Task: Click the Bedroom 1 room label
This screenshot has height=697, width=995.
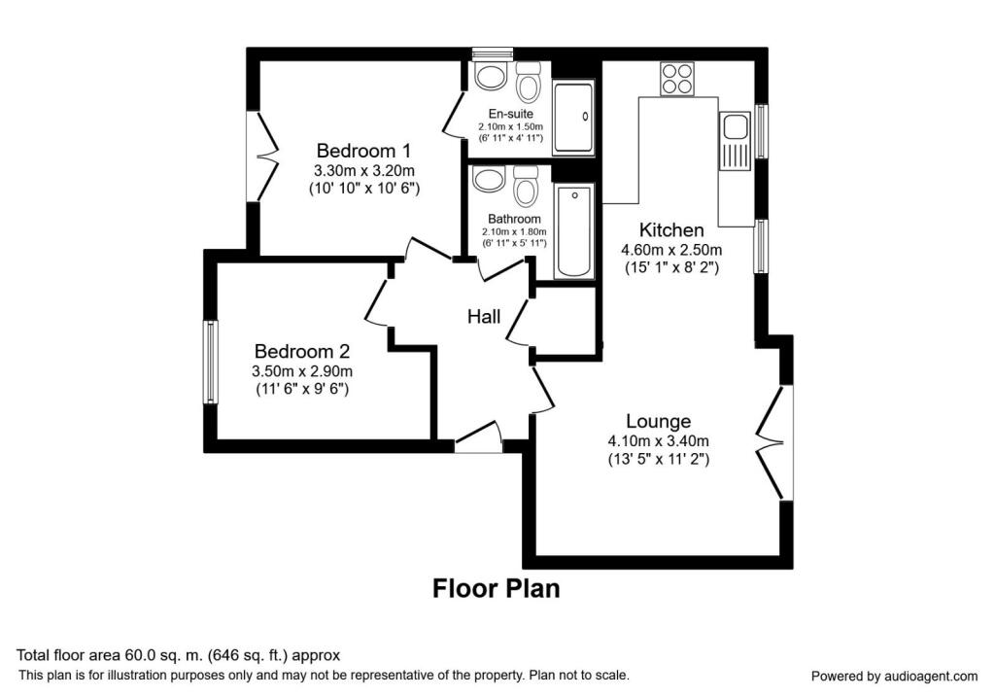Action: pos(363,151)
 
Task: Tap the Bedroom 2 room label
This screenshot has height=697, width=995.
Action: pos(301,351)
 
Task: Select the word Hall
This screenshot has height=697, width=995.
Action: pos(484,316)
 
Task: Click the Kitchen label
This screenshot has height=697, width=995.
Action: pos(670,230)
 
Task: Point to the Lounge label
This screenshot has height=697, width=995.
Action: pos(658,421)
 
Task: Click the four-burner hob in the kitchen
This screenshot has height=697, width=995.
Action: pos(676,78)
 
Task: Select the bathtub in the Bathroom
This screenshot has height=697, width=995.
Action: pos(573,231)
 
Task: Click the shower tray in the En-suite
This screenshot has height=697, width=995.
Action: pos(573,118)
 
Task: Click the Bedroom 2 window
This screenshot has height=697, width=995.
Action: pos(209,362)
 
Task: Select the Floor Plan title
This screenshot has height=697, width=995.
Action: pos(496,588)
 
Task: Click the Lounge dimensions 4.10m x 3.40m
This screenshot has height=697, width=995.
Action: pos(658,440)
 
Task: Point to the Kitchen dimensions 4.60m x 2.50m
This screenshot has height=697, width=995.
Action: pos(670,250)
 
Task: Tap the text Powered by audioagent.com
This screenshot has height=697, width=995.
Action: pos(894,676)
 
